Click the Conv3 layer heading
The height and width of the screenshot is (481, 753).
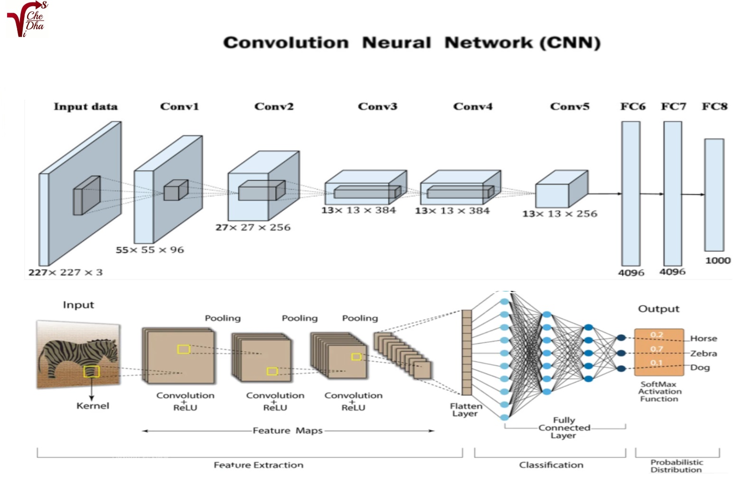[x=377, y=106]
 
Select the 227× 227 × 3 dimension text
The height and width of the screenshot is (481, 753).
[x=66, y=272]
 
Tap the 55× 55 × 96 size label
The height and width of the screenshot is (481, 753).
[x=150, y=250]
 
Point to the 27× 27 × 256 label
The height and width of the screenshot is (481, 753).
[x=253, y=228]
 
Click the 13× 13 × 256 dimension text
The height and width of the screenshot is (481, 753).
[x=560, y=214]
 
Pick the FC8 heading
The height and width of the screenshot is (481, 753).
[x=715, y=106]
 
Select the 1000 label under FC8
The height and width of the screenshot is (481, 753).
[x=718, y=260]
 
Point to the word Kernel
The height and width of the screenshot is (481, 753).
[x=93, y=406]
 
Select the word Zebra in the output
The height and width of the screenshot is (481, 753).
[x=704, y=354]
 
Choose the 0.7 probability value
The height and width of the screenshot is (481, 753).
[x=657, y=349]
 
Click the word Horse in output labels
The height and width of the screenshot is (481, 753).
[x=704, y=339]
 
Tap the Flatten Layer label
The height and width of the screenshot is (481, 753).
[x=466, y=410]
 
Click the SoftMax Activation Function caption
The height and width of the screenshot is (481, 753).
[x=659, y=392]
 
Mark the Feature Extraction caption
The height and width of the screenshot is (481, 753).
[x=258, y=465]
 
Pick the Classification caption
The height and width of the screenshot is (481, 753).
[x=551, y=465]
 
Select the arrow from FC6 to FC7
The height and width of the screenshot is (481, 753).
[x=652, y=194]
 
